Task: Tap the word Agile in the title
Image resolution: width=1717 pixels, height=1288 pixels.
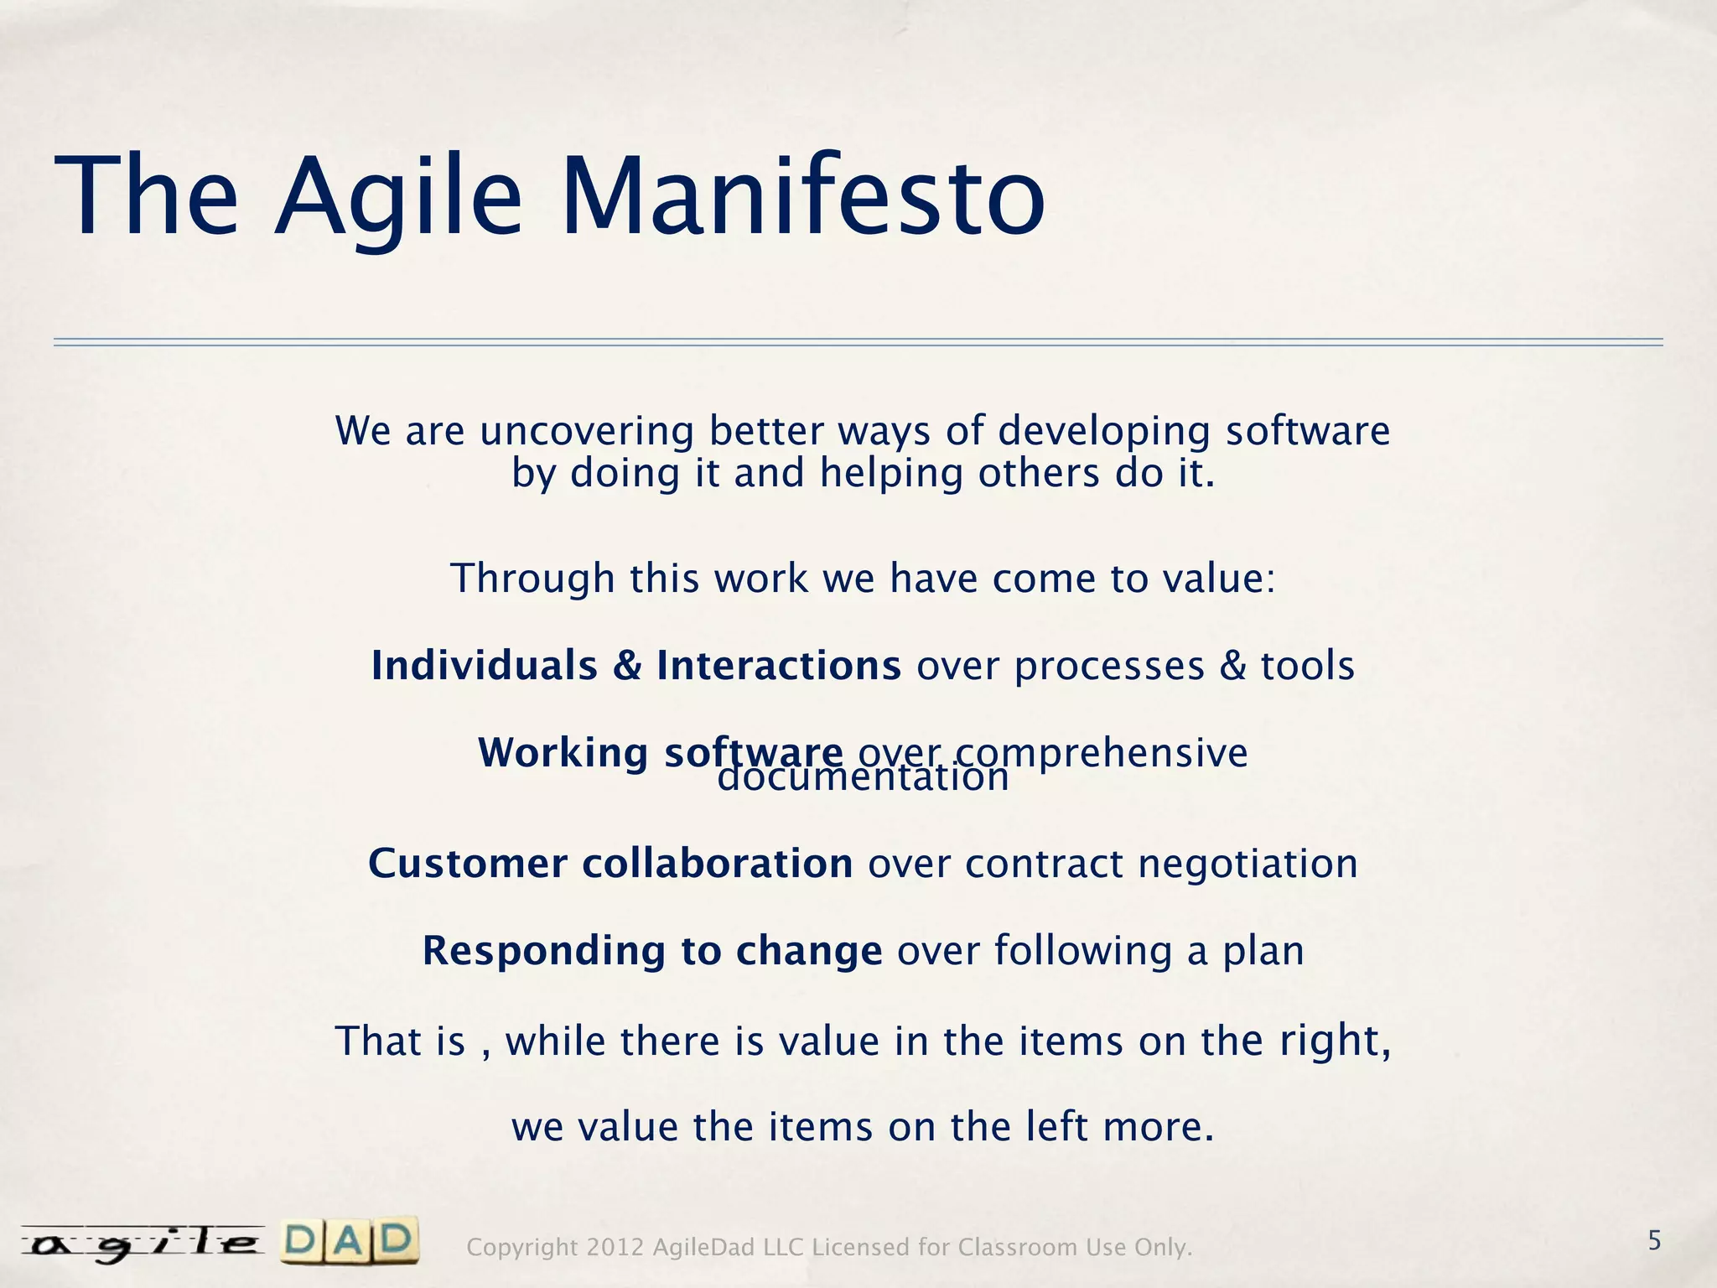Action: (398, 197)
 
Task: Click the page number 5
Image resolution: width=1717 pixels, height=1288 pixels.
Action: (1654, 1240)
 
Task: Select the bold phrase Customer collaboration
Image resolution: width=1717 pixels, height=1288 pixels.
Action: (610, 864)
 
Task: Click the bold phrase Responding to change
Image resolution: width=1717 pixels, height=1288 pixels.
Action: (651, 951)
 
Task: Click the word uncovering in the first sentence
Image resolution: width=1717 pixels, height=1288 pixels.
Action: (587, 432)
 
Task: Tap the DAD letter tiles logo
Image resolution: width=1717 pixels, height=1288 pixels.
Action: (350, 1242)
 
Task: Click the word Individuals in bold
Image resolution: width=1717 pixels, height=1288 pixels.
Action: (485, 666)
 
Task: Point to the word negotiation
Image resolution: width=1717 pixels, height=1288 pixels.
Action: (1248, 864)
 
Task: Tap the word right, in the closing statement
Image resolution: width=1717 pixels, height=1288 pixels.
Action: (1336, 1041)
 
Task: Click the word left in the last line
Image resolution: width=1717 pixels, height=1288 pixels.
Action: (1057, 1126)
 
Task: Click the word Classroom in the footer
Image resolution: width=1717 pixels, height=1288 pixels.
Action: (1018, 1248)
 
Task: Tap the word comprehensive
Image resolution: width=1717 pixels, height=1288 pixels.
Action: (1102, 752)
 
